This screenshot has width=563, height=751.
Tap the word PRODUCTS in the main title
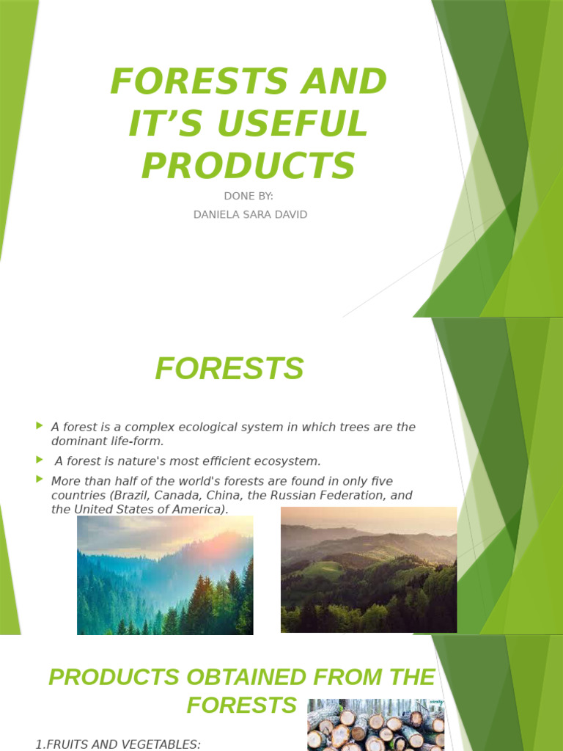[248, 165]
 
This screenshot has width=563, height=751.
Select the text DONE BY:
[248, 197]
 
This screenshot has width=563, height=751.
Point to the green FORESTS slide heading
[229, 368]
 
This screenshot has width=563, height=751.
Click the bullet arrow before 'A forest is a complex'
[39, 425]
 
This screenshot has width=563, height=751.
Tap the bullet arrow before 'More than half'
[39, 480]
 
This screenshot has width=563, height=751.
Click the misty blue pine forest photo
[165, 575]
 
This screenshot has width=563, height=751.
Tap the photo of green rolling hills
[369, 569]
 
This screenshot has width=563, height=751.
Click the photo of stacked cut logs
[375, 725]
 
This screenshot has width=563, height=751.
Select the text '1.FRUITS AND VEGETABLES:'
[118, 744]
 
